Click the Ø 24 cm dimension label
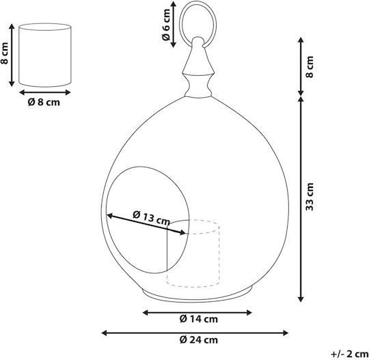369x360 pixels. click(199, 340)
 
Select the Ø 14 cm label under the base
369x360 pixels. click(199, 319)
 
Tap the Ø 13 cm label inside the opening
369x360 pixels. click(151, 218)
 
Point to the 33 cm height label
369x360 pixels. click(310, 197)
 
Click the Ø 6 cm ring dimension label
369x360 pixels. click(166, 25)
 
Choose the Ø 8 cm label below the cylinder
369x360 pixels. click(44, 102)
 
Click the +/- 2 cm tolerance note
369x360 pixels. click(350, 354)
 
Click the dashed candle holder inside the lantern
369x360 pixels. click(193, 253)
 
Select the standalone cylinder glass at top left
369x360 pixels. click(44, 55)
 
